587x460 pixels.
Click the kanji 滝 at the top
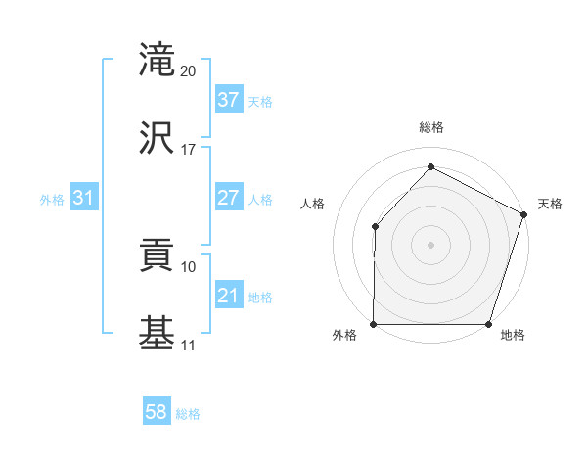[158, 62]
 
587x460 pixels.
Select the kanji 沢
[158, 138]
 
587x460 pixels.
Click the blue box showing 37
[228, 100]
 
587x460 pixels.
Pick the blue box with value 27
[228, 198]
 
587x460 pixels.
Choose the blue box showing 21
[228, 296]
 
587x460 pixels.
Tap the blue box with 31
[84, 198]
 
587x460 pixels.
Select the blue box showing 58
[157, 412]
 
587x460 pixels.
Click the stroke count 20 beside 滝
[189, 71]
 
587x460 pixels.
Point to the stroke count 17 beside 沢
[189, 150]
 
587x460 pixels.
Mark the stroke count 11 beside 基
[189, 345]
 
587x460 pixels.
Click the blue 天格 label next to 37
[260, 102]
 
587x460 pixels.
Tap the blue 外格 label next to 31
[52, 200]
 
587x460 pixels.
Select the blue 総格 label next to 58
[188, 414]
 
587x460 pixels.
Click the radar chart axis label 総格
[431, 127]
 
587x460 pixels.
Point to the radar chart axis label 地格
[513, 336]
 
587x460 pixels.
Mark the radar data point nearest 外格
[374, 324]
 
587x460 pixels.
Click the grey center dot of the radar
[431, 245]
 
